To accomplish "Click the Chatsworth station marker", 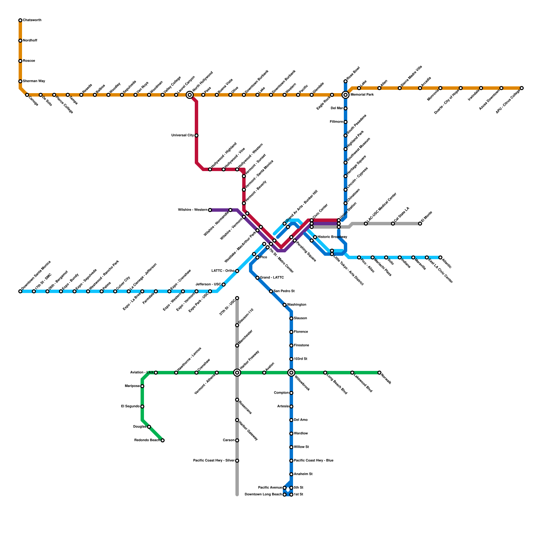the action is [x=20, y=20].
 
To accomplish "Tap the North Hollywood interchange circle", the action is [x=190, y=95].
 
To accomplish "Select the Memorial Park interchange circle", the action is [x=346, y=95].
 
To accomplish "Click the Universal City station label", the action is [x=183, y=135].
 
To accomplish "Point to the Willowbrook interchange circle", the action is [x=291, y=373].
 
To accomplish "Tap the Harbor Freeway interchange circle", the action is [x=237, y=373].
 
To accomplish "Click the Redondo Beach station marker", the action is [x=163, y=440].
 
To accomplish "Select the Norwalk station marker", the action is [x=379, y=373].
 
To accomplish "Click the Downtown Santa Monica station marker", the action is [x=20, y=291].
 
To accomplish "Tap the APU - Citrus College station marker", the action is [x=522, y=88].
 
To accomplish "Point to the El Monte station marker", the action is [x=420, y=224].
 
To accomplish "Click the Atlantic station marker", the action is [x=440, y=257].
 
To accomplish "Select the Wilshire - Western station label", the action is [x=192, y=210].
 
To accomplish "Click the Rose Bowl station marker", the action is [x=346, y=81].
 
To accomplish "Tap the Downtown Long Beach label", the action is [x=263, y=495].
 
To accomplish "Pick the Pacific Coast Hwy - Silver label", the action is [x=214, y=461].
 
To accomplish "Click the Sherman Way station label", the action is [x=34, y=81].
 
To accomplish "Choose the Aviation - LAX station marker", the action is [x=156, y=373].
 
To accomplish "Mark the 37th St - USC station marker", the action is [x=237, y=298].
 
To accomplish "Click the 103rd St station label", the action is [x=300, y=359].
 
